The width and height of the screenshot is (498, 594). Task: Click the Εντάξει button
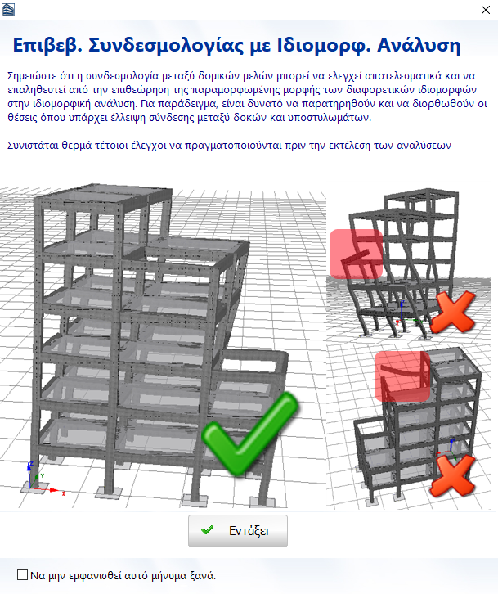coord(238,530)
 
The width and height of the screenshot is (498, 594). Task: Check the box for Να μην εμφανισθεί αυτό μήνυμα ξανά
coord(22,574)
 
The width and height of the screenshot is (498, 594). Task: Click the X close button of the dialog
coord(486,10)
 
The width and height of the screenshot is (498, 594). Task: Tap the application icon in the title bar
coord(8,10)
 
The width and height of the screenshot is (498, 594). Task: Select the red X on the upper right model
coord(453,313)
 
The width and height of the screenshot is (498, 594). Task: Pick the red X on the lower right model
coord(452,475)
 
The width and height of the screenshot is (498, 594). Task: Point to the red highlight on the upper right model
coord(356,254)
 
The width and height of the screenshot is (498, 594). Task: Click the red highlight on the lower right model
coord(402,376)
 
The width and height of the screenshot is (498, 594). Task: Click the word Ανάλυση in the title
coord(419,45)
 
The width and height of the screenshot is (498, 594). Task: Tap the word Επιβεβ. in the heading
coord(47,46)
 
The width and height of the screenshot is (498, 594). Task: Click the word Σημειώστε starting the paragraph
coord(31,76)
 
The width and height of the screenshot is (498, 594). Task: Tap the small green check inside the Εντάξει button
coord(207,530)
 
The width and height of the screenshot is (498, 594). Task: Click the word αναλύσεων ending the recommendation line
coord(424,146)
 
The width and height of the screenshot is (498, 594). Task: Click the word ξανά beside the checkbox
coord(204,575)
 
